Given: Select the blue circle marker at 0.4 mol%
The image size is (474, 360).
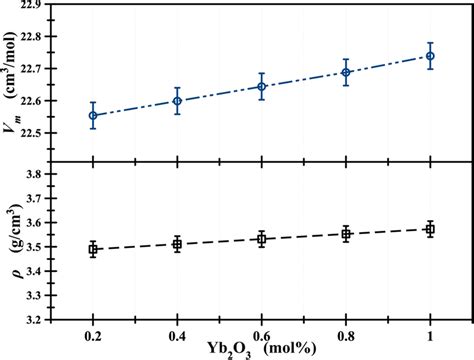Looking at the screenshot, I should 177,101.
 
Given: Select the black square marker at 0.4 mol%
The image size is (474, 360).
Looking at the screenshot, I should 177,244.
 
